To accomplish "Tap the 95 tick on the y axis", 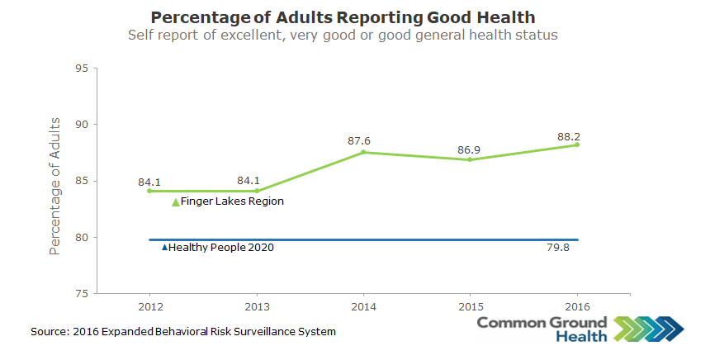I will pyautogui.click(x=82, y=68).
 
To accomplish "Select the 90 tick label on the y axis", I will pyautogui.click(x=82, y=125).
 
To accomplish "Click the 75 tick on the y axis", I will pyautogui.click(x=82, y=294).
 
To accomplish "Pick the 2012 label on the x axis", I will pyautogui.click(x=149, y=306).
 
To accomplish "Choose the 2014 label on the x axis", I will pyautogui.click(x=363, y=306).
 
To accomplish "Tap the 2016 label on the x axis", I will pyautogui.click(x=576, y=306).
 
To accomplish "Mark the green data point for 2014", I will pyautogui.click(x=363, y=152).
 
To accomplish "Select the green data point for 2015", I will pyautogui.click(x=470, y=159).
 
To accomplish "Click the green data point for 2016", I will pyautogui.click(x=576, y=144).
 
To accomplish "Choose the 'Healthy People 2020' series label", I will pyautogui.click(x=220, y=247).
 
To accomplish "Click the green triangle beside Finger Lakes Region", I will pyautogui.click(x=175, y=201).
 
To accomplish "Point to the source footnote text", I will pyautogui.click(x=183, y=331).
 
